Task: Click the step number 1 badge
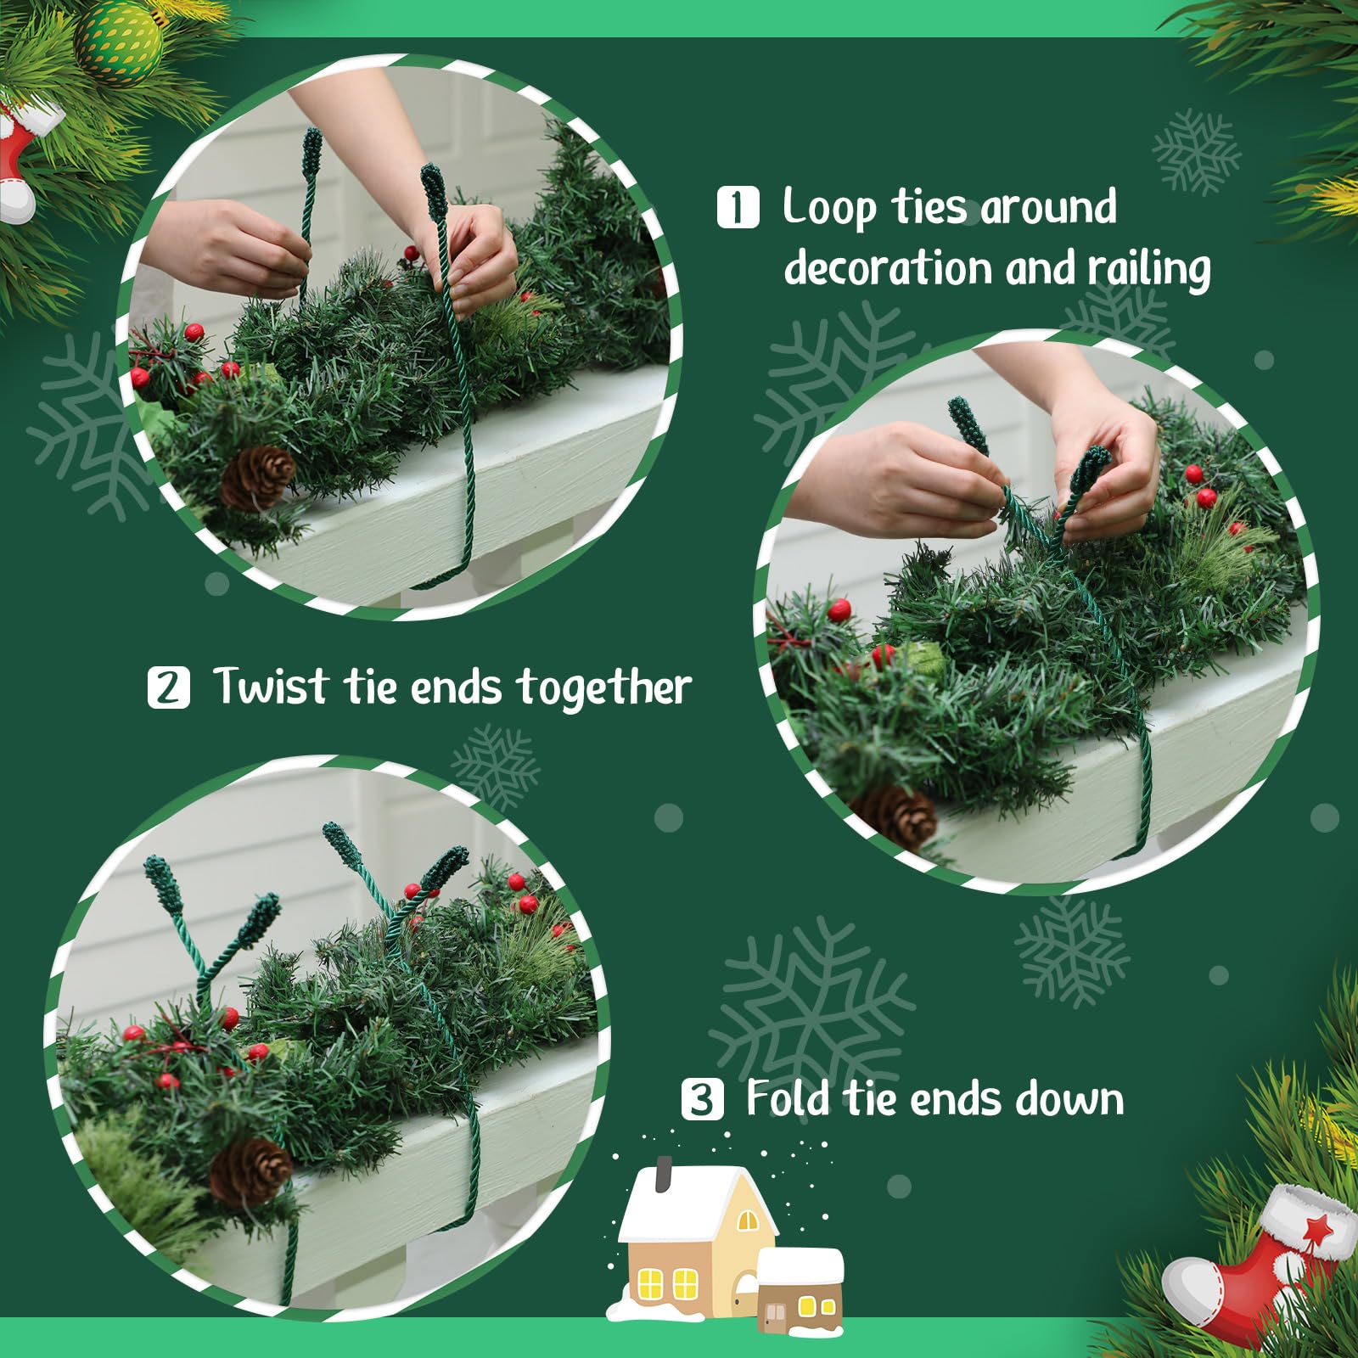[738, 208]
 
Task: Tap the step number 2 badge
[168, 687]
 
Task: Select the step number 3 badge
[702, 1099]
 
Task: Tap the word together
[604, 687]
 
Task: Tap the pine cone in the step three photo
[251, 1171]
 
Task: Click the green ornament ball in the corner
[120, 38]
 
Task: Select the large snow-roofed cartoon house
[696, 1235]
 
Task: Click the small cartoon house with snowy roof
[800, 1290]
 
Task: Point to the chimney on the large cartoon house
[664, 1173]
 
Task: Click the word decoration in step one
[887, 268]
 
